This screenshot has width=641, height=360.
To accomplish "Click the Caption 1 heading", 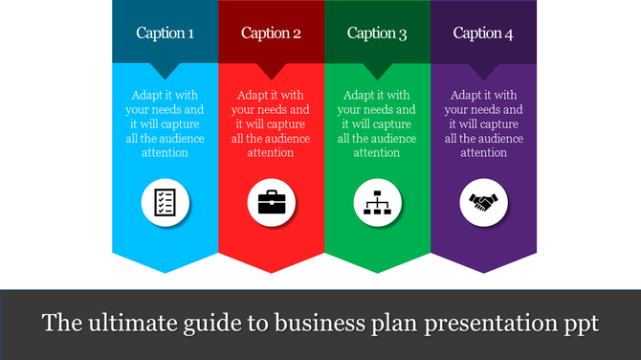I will coord(165,34).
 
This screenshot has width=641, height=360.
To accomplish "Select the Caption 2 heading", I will coord(271,34).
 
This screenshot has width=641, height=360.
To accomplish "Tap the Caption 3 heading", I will coord(377,34).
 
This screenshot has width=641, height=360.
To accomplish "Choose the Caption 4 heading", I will coord(483,34).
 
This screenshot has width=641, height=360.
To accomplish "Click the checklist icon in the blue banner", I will coord(165,202).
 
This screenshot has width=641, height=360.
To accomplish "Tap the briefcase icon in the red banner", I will coord(271,202).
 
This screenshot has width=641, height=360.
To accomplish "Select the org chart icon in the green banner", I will coord(377,202).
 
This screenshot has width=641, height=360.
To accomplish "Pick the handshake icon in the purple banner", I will coord(483,202).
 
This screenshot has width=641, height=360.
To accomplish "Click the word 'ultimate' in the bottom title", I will coord(122,323).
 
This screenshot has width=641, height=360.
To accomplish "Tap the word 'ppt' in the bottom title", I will coord(579,324).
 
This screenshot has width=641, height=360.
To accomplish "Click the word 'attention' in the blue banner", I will coord(165,152).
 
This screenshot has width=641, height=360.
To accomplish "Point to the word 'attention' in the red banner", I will coord(271,152).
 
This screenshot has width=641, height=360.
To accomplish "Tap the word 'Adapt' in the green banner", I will coord(359,96).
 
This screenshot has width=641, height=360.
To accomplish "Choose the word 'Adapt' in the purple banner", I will coord(466,96).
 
